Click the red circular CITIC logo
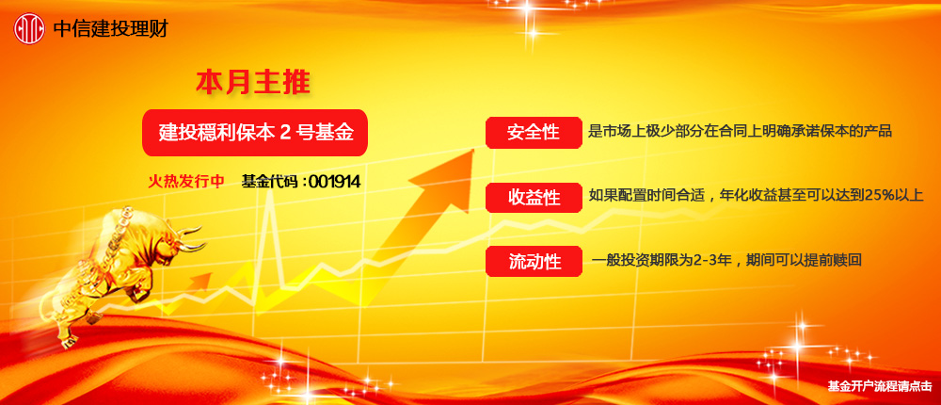[x=28, y=28]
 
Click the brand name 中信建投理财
[x=110, y=28]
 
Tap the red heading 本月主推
[x=252, y=82]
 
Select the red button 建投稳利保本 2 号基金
[x=254, y=133]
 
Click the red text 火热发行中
[x=186, y=181]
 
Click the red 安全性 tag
[x=533, y=133]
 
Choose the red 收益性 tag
[x=533, y=197]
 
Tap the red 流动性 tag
[x=533, y=261]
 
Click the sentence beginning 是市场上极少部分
[x=739, y=132]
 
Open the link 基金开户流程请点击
[x=879, y=385]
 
